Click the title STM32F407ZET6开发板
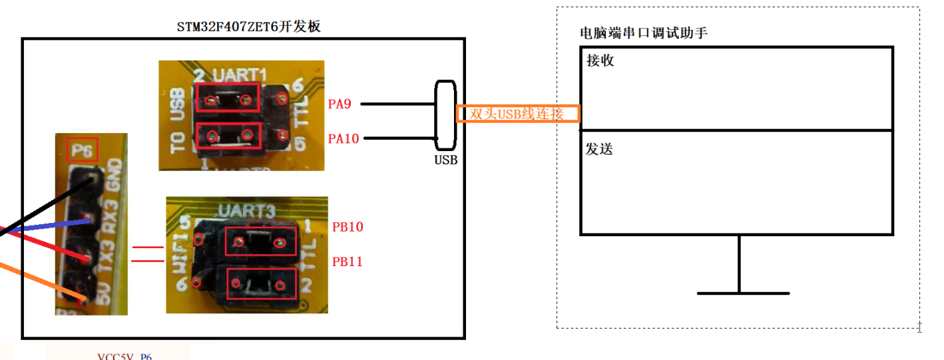pyautogui.click(x=249, y=27)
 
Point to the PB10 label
pyautogui.click(x=348, y=227)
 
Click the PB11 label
pyautogui.click(x=348, y=262)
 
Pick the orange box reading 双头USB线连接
pyautogui.click(x=517, y=114)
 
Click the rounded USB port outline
pyautogui.click(x=445, y=115)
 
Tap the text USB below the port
pyautogui.click(x=445, y=160)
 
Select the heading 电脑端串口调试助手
pyautogui.click(x=643, y=33)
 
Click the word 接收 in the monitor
pyautogui.click(x=600, y=61)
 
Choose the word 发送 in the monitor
pyautogui.click(x=599, y=149)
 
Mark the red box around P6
pyautogui.click(x=83, y=149)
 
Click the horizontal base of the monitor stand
pyautogui.click(x=742, y=293)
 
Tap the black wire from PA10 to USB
pyautogui.click(x=399, y=138)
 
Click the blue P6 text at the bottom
pyautogui.click(x=146, y=357)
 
